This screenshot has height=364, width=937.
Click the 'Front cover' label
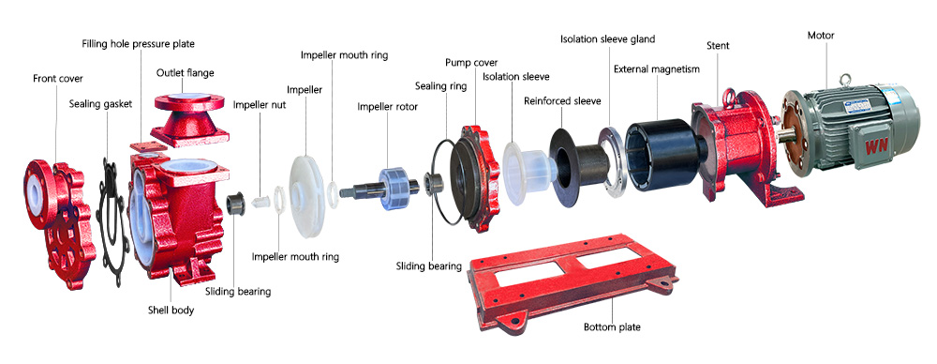(58, 79)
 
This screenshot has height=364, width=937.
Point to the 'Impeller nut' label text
(260, 105)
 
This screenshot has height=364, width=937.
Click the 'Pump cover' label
(471, 62)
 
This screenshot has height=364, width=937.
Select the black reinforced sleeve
(578, 163)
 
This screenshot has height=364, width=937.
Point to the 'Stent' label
(718, 45)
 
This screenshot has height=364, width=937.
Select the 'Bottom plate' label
(612, 327)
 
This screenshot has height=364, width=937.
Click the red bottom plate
(573, 282)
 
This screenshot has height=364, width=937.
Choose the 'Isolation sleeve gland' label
(607, 39)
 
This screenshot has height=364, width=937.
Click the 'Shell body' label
(171, 311)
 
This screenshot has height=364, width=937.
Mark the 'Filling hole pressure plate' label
(138, 44)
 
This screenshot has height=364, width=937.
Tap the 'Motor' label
(821, 36)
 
